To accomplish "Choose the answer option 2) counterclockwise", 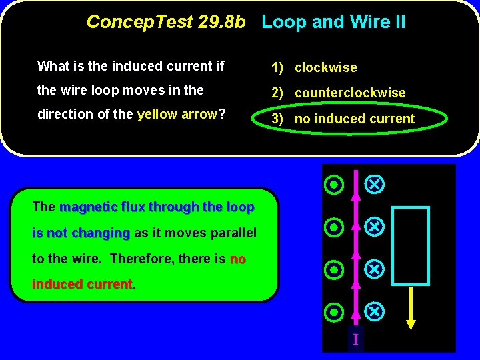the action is pyautogui.click(x=338, y=93).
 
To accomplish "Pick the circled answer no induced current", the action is pyautogui.click(x=343, y=119).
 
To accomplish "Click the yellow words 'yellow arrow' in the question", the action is pyautogui.click(x=177, y=114).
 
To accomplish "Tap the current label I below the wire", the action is pyautogui.click(x=355, y=339).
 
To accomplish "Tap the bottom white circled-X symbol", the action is pyautogui.click(x=375, y=311).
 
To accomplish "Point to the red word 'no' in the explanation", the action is pyautogui.click(x=238, y=259).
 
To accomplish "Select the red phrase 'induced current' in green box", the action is pyautogui.click(x=82, y=285).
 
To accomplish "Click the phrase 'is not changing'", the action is pyautogui.click(x=81, y=233).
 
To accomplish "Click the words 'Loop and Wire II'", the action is pyautogui.click(x=333, y=22).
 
